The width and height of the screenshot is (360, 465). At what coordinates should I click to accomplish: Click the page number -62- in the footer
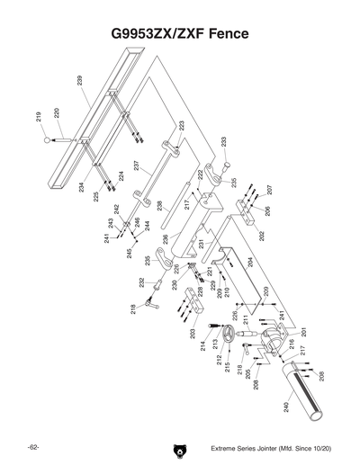point(31,447)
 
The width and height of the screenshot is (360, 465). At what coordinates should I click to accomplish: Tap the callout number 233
point(223,142)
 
